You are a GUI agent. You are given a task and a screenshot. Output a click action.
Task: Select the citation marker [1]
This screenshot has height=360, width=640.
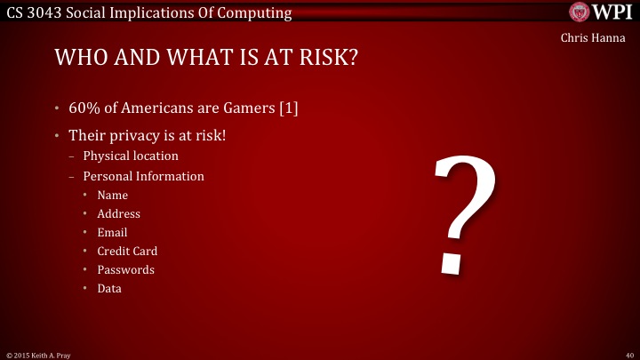coord(288,108)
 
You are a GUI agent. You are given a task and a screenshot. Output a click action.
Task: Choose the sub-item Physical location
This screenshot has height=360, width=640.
coord(131,156)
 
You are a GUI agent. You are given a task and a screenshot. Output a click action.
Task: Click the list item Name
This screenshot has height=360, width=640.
coord(113,195)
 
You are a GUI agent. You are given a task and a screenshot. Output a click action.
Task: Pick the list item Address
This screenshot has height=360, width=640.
coord(119,213)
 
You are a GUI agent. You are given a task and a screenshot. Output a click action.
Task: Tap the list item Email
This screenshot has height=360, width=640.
coord(112,232)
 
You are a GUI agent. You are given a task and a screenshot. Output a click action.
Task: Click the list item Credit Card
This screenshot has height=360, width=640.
coord(127,251)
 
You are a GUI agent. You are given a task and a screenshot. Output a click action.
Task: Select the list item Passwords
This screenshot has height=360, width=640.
coord(125,269)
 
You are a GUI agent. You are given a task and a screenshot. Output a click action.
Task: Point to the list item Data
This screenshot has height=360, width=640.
coord(109,288)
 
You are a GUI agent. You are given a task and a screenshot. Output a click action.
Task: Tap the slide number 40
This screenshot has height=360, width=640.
coord(628,353)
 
